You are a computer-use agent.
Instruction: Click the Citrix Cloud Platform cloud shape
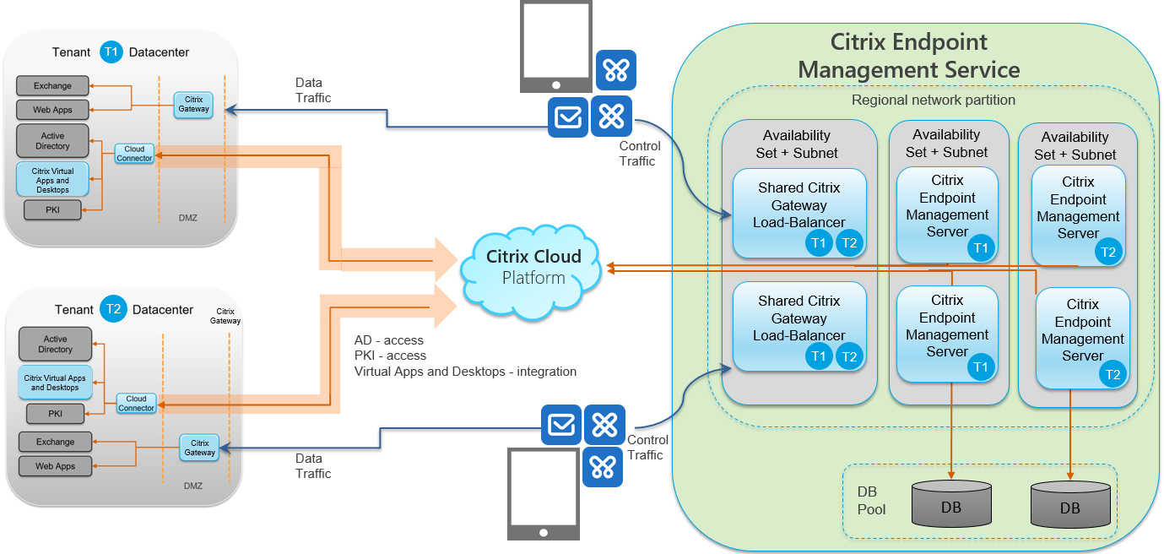click(533, 269)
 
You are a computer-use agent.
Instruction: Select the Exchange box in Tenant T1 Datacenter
click(52, 86)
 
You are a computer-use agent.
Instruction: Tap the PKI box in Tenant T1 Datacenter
click(52, 209)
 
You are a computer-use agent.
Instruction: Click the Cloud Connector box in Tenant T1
click(135, 154)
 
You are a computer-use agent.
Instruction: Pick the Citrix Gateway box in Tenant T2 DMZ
click(200, 448)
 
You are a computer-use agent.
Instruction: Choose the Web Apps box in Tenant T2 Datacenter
click(55, 466)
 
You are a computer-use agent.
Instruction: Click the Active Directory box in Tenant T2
click(56, 345)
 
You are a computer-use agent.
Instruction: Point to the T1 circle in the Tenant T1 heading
click(111, 52)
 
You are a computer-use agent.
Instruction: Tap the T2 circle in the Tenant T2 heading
click(114, 310)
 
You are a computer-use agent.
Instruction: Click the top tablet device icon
click(555, 47)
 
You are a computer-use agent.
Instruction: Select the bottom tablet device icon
click(544, 493)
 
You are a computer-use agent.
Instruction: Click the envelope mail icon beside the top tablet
click(567, 117)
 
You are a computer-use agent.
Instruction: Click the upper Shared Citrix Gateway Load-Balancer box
click(799, 213)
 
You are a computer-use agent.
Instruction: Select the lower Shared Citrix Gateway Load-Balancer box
click(799, 326)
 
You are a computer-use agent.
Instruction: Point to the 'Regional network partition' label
click(934, 100)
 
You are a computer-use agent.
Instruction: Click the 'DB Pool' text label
click(871, 501)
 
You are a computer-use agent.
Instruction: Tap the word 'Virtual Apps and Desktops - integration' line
click(465, 372)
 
